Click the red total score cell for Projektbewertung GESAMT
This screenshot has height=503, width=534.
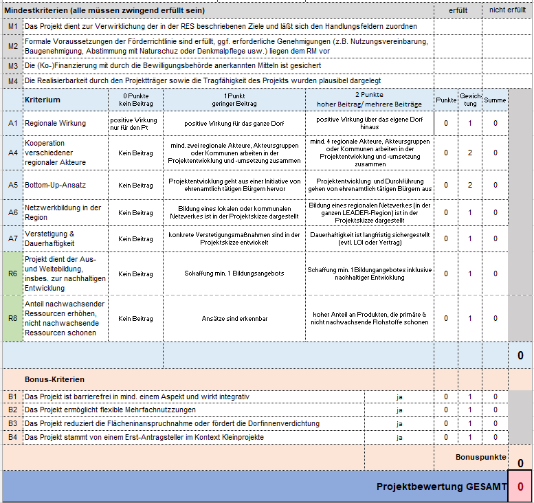point(520,487)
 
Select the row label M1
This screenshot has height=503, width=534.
point(13,26)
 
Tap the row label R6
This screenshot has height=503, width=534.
point(13,273)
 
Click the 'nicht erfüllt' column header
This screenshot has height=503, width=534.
point(507,10)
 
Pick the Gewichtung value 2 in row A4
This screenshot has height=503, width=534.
point(470,153)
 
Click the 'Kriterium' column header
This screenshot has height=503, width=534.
point(43,100)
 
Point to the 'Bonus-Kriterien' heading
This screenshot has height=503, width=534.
point(54,379)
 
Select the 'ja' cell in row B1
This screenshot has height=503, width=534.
point(399,396)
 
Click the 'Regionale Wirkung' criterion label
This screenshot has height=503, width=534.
point(56,123)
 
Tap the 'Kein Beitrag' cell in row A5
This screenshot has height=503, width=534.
point(135,186)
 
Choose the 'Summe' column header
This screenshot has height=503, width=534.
point(495,100)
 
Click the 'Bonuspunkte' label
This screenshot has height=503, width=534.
point(480,456)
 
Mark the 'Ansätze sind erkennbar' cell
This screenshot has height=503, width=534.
point(234,318)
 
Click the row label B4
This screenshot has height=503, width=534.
point(13,437)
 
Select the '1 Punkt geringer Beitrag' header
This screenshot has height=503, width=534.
point(234,99)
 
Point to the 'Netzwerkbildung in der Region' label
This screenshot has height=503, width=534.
point(63,212)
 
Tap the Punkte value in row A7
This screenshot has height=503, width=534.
point(446,238)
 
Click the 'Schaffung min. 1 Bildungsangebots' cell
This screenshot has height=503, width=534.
point(234,273)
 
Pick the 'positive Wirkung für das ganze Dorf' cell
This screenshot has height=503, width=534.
point(234,124)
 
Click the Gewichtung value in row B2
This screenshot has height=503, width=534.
point(470,410)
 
